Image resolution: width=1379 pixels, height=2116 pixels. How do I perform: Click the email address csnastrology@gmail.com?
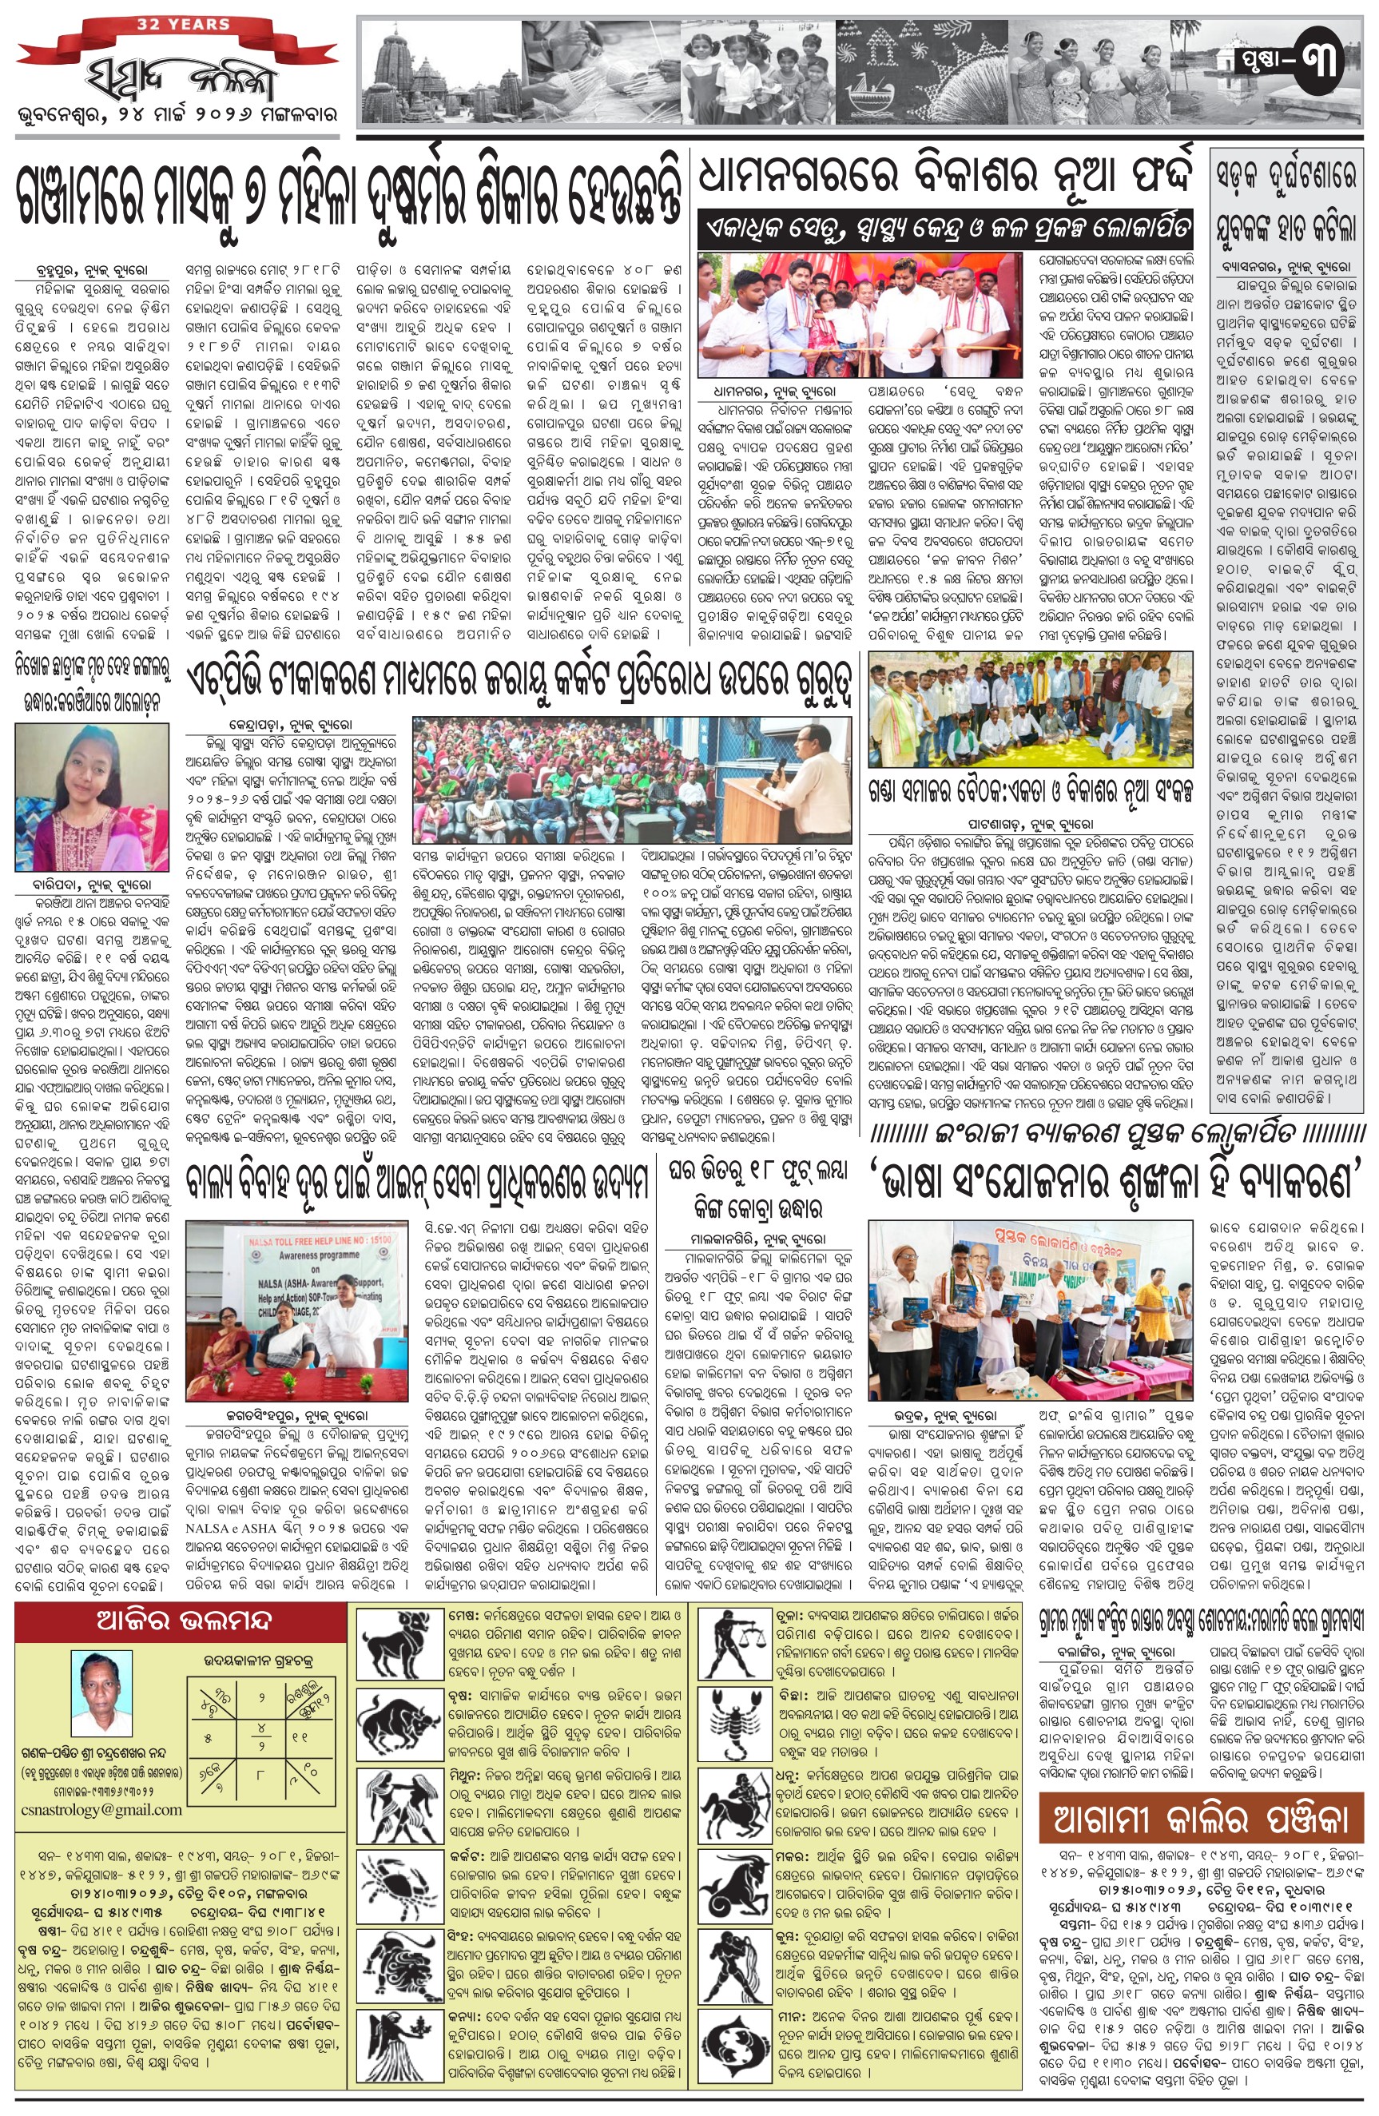(101, 1809)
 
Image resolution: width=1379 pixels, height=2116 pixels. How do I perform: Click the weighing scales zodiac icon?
(735, 1641)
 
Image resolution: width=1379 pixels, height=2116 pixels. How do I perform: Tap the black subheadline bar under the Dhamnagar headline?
(944, 227)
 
